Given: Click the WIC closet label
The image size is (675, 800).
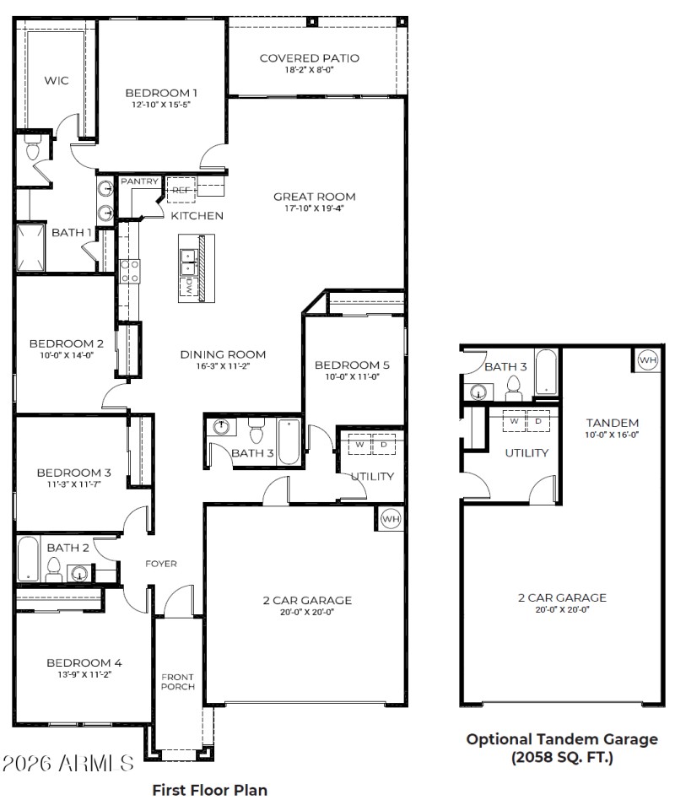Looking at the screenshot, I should [57, 81].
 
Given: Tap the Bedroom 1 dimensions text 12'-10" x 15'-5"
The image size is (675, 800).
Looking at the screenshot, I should [161, 105].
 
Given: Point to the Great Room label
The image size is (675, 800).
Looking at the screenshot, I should [314, 197].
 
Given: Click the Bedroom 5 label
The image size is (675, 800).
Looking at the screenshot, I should [352, 365].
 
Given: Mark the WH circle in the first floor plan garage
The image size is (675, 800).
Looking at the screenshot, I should [391, 519].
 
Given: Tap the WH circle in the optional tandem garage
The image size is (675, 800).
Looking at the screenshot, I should [647, 360].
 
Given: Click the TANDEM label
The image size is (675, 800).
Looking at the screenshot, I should [613, 423].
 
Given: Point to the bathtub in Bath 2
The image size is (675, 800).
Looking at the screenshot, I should [28, 559].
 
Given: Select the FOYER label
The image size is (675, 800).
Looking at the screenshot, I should [160, 564].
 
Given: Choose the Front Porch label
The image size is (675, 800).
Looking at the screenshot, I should [177, 682].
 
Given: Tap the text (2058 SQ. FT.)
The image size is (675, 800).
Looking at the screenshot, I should [562, 757].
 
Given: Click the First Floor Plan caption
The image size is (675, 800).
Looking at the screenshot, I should [209, 791].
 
